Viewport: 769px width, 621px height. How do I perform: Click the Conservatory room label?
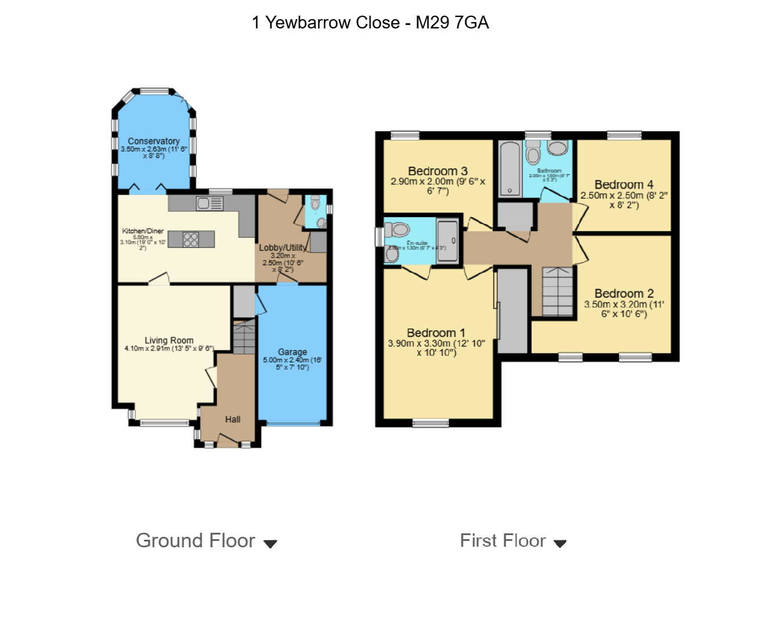tap(153, 141)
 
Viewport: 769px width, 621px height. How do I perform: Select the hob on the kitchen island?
tap(191, 239)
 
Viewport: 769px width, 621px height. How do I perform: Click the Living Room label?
tap(169, 340)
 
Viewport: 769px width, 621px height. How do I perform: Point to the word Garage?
tap(292, 352)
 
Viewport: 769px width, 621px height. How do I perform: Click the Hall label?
tap(233, 419)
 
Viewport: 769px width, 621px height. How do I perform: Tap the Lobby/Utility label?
tap(282, 248)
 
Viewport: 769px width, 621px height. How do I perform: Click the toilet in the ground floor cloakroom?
tap(315, 203)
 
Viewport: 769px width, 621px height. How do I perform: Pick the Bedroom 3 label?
tap(438, 171)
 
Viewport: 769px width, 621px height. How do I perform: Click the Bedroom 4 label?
tap(624, 185)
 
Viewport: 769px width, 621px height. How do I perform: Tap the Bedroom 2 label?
tap(624, 294)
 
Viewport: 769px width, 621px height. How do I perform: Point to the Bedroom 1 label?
tap(436, 333)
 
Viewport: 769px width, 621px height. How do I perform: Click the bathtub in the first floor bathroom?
tap(510, 168)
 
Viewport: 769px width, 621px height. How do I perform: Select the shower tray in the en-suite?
tap(447, 241)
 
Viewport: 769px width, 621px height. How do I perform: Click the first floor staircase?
tap(558, 291)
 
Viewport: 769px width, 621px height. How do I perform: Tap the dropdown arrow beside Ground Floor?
tap(270, 544)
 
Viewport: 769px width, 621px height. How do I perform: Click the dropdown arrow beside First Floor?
tap(560, 544)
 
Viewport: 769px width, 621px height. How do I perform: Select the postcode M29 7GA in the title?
tap(452, 23)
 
